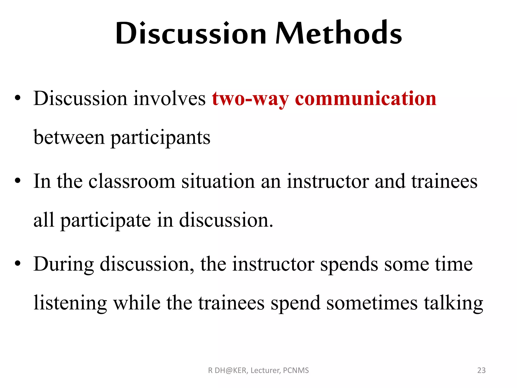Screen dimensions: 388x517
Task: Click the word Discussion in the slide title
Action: [191, 33]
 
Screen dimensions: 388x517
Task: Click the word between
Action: [69, 137]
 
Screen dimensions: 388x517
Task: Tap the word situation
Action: [218, 181]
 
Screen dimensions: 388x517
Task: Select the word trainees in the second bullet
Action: [444, 181]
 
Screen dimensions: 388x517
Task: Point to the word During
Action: [64, 264]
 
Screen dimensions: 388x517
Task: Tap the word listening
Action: [70, 303]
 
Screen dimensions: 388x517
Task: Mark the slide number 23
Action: [481, 370]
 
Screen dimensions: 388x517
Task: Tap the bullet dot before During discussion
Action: [17, 263]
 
